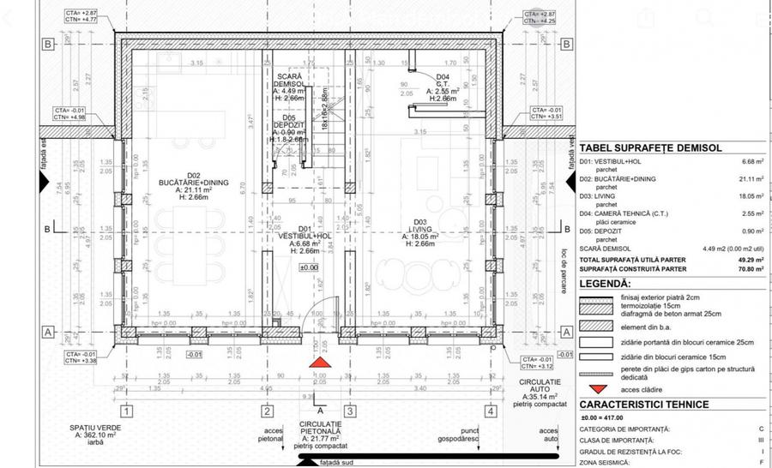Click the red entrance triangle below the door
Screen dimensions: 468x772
coord(319,365)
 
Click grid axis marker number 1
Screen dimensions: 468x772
coord(126,411)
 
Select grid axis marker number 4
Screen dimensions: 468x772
coord(489,411)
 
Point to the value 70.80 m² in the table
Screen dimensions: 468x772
coord(750,267)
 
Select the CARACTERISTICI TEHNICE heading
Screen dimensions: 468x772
coord(643,404)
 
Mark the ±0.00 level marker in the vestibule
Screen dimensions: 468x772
coord(309,267)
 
